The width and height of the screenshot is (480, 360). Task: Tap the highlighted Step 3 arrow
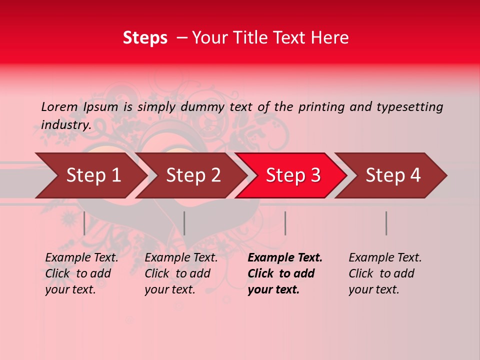point(293,175)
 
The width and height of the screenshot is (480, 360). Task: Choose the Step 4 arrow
point(393,175)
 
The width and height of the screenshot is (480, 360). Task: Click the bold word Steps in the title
point(145,38)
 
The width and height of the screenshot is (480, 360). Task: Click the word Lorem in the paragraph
point(59,106)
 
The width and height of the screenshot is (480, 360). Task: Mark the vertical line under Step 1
point(84,223)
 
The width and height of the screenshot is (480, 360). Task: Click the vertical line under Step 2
point(184,223)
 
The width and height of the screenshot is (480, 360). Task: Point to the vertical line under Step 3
point(285,223)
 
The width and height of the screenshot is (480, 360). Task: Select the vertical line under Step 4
point(386,223)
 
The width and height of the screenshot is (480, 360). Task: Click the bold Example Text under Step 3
point(285,258)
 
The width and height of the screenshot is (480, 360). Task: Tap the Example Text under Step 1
point(81,258)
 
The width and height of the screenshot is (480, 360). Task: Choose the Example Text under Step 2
point(181,258)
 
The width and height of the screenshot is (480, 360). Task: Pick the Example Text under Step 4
point(385,258)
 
